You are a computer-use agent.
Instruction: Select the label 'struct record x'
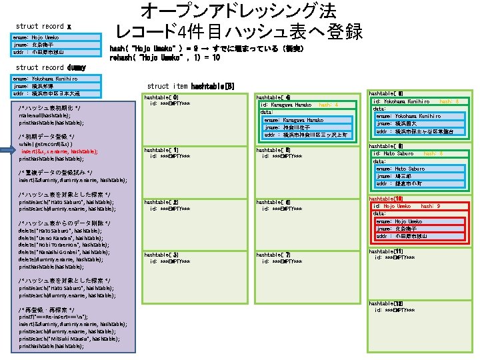[x=43, y=26]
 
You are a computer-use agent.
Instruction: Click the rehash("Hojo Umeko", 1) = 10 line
[x=165, y=57]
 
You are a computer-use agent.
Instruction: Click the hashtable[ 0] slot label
[x=161, y=97]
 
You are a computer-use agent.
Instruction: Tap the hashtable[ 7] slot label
[x=273, y=254]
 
